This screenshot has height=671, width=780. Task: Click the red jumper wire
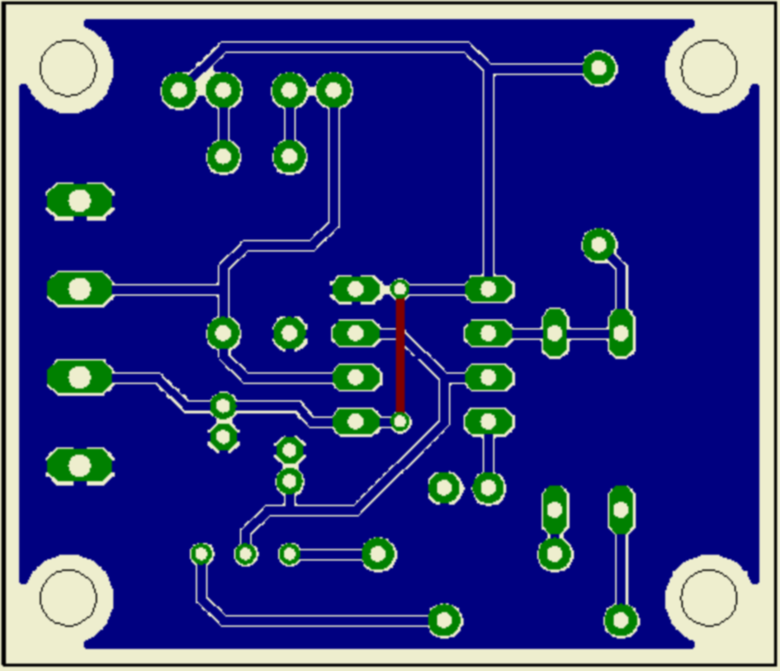[x=400, y=357]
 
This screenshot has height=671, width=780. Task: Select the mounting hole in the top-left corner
[x=68, y=68]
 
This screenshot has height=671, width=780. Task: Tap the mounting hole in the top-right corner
[x=709, y=68]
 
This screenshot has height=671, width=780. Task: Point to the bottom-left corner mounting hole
[x=68, y=597]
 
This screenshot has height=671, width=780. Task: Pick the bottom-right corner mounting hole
[x=709, y=597]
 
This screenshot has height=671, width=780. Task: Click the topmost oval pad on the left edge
[x=79, y=201]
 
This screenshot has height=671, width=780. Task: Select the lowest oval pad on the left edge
[x=79, y=465]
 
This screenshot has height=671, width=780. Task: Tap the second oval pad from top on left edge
[x=79, y=289]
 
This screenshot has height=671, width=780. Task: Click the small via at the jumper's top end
[x=400, y=289]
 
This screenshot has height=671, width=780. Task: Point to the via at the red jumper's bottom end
[x=400, y=423]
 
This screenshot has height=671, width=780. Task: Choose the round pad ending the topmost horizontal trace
[x=599, y=68]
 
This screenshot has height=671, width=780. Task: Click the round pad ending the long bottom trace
[x=444, y=620]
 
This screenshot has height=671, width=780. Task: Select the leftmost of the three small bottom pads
[x=201, y=553]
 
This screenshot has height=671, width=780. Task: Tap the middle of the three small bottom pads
[x=245, y=554]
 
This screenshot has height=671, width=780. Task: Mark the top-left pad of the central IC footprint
[x=356, y=289]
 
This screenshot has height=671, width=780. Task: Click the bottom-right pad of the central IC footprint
[x=488, y=422]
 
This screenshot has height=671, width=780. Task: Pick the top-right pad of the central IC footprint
[x=488, y=289]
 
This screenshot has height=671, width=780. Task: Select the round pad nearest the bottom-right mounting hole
[x=621, y=620]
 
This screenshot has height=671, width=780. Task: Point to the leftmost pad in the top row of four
[x=178, y=90]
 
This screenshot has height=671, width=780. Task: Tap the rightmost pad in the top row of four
[x=333, y=90]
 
